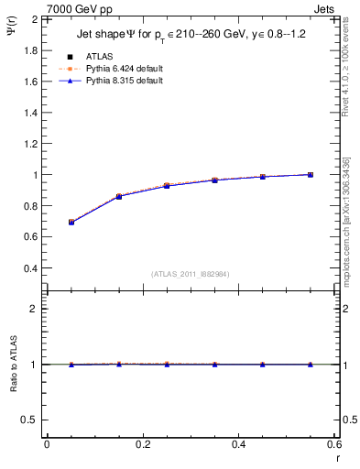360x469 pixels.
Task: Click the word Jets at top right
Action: point(325,8)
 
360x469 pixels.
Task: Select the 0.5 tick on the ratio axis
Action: point(33,420)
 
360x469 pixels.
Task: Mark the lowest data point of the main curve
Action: point(71,223)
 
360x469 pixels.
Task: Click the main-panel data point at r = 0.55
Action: point(311,174)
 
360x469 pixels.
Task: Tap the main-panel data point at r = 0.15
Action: point(119,197)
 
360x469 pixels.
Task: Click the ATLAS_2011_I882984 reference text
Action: point(191,274)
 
